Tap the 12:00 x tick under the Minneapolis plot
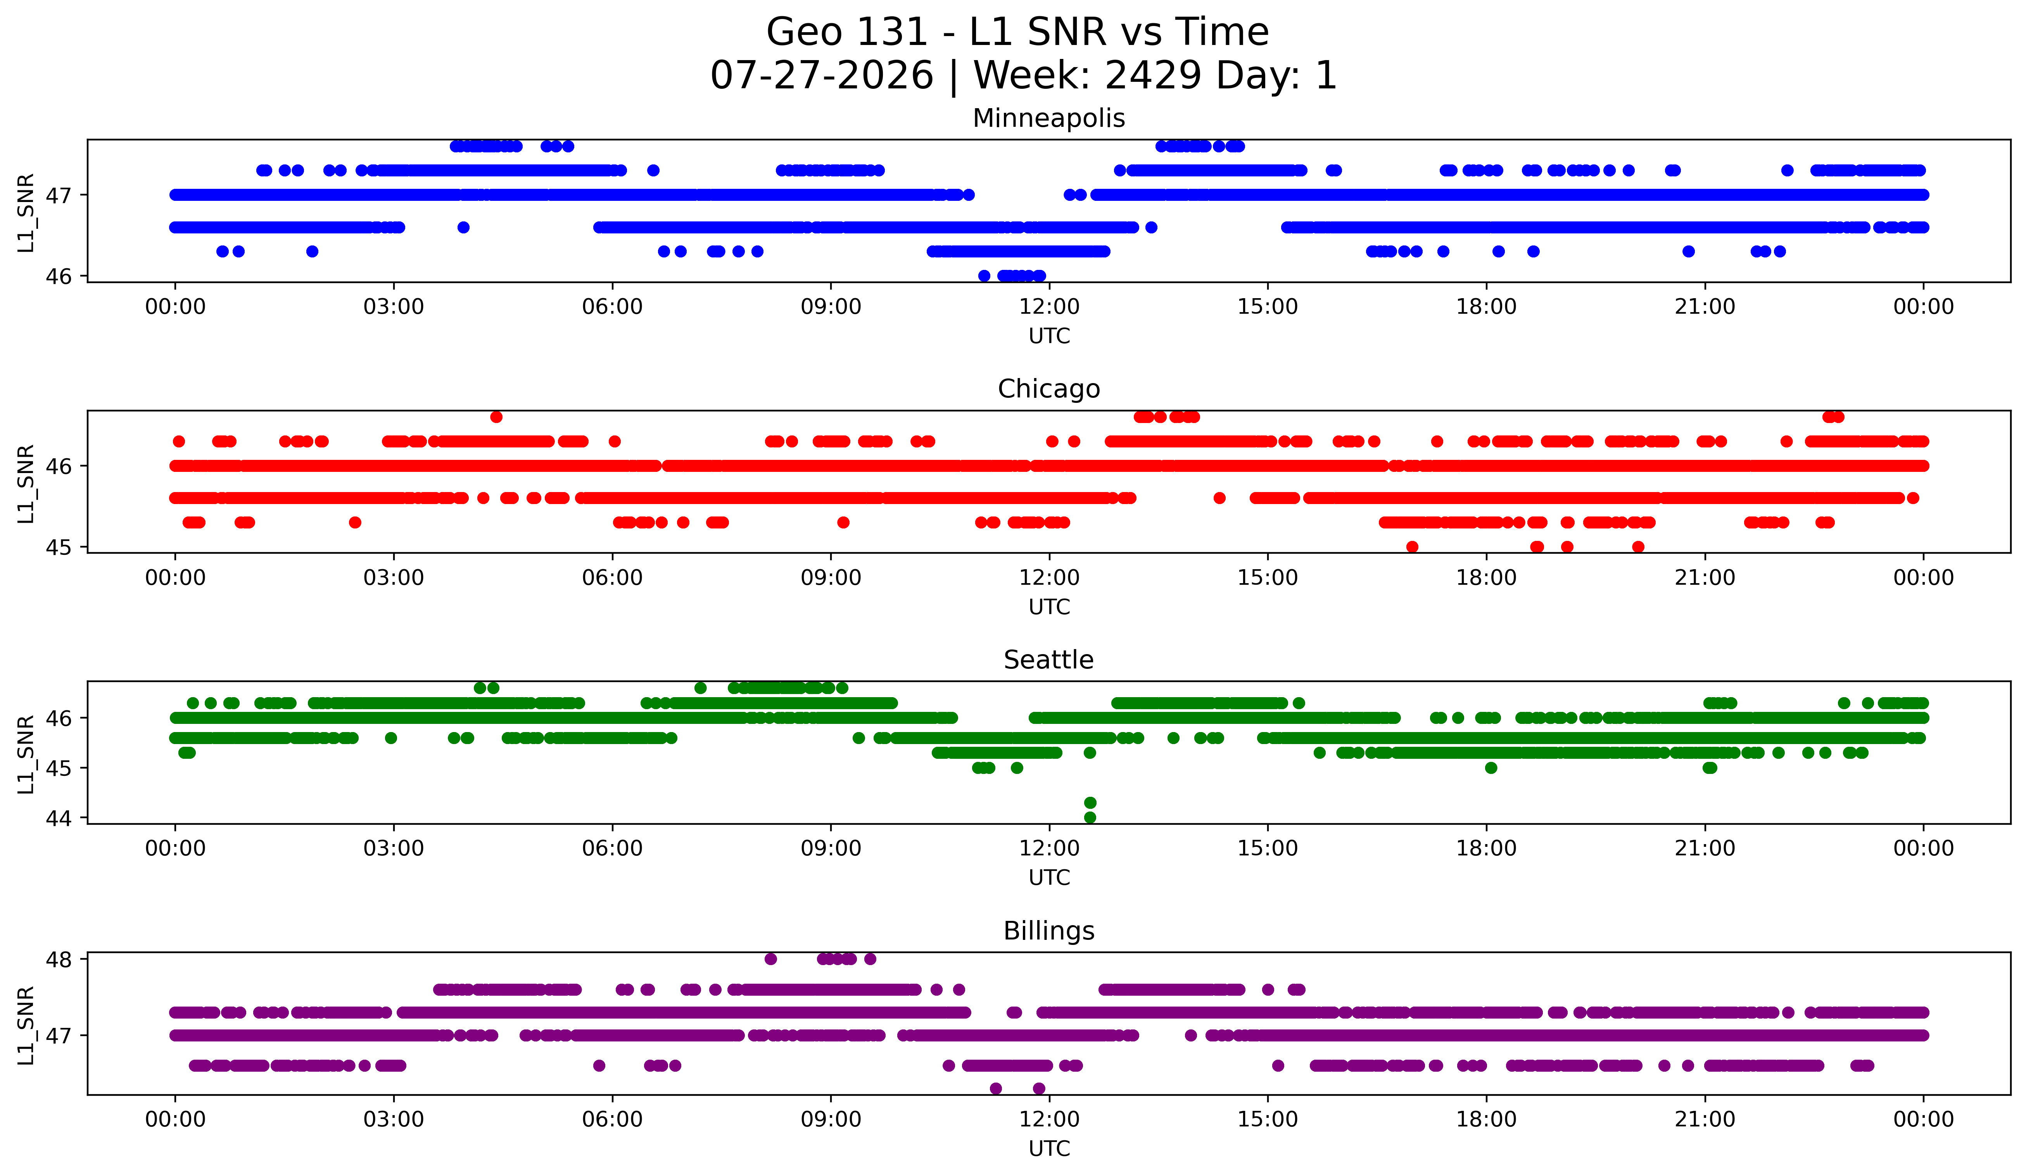click(x=1049, y=307)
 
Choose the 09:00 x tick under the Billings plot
click(x=831, y=1120)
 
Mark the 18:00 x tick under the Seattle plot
click(x=1487, y=849)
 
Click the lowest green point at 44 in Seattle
click(x=1090, y=817)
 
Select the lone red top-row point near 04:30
click(x=497, y=416)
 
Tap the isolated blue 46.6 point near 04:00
click(x=463, y=228)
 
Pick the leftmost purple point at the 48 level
click(x=771, y=959)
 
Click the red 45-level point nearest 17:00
click(x=1413, y=547)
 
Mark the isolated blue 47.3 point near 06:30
click(x=654, y=171)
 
